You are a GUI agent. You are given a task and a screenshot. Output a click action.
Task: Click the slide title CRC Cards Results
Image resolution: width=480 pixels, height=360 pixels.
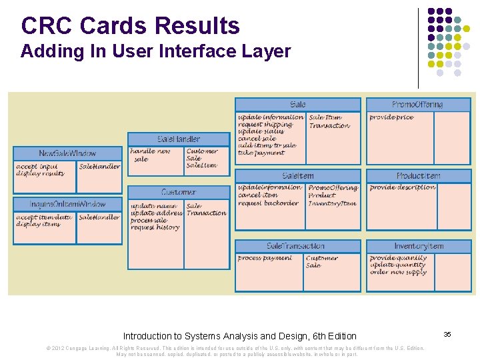[x=130, y=26]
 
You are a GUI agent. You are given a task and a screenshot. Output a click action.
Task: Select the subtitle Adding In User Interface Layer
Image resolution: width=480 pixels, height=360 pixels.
[x=155, y=52]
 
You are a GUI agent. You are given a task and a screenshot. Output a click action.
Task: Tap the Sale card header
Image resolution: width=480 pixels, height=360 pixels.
[x=298, y=105]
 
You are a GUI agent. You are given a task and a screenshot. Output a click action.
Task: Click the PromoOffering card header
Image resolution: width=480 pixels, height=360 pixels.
[x=418, y=105]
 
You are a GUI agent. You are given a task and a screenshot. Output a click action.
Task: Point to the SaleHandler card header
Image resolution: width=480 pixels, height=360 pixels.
[x=179, y=139]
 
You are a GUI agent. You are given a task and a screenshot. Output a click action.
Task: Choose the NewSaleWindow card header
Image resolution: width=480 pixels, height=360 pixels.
[x=67, y=153]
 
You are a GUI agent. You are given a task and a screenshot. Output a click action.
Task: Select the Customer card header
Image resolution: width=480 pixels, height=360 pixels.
[x=179, y=192]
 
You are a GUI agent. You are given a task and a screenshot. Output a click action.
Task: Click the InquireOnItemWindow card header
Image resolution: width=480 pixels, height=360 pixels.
[x=67, y=204]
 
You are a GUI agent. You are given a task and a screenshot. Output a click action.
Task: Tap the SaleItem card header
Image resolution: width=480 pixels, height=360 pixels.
[x=298, y=176]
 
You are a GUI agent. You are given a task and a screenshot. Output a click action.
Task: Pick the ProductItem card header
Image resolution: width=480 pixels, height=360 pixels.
[x=418, y=176]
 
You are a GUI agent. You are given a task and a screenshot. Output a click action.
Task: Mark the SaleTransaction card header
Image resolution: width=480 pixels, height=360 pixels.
[x=295, y=246]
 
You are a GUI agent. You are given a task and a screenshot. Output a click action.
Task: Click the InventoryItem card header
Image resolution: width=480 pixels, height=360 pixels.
[x=418, y=246]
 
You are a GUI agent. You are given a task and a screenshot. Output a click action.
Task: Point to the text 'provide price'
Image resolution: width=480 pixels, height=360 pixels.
[x=391, y=117]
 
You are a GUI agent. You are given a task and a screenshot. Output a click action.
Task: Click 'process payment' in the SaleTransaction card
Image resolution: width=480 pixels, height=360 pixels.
[x=265, y=258]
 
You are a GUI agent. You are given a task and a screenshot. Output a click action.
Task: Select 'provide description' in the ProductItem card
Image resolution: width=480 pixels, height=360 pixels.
[x=402, y=187]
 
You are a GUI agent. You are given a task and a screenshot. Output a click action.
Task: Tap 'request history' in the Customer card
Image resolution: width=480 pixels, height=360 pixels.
[x=155, y=227]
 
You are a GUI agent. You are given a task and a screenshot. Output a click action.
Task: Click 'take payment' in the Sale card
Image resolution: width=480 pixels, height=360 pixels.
[x=261, y=153]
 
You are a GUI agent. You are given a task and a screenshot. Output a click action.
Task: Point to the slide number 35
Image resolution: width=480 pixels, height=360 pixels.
[x=447, y=334]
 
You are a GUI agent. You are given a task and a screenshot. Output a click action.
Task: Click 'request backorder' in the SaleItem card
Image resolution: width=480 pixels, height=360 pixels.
[x=268, y=203]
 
